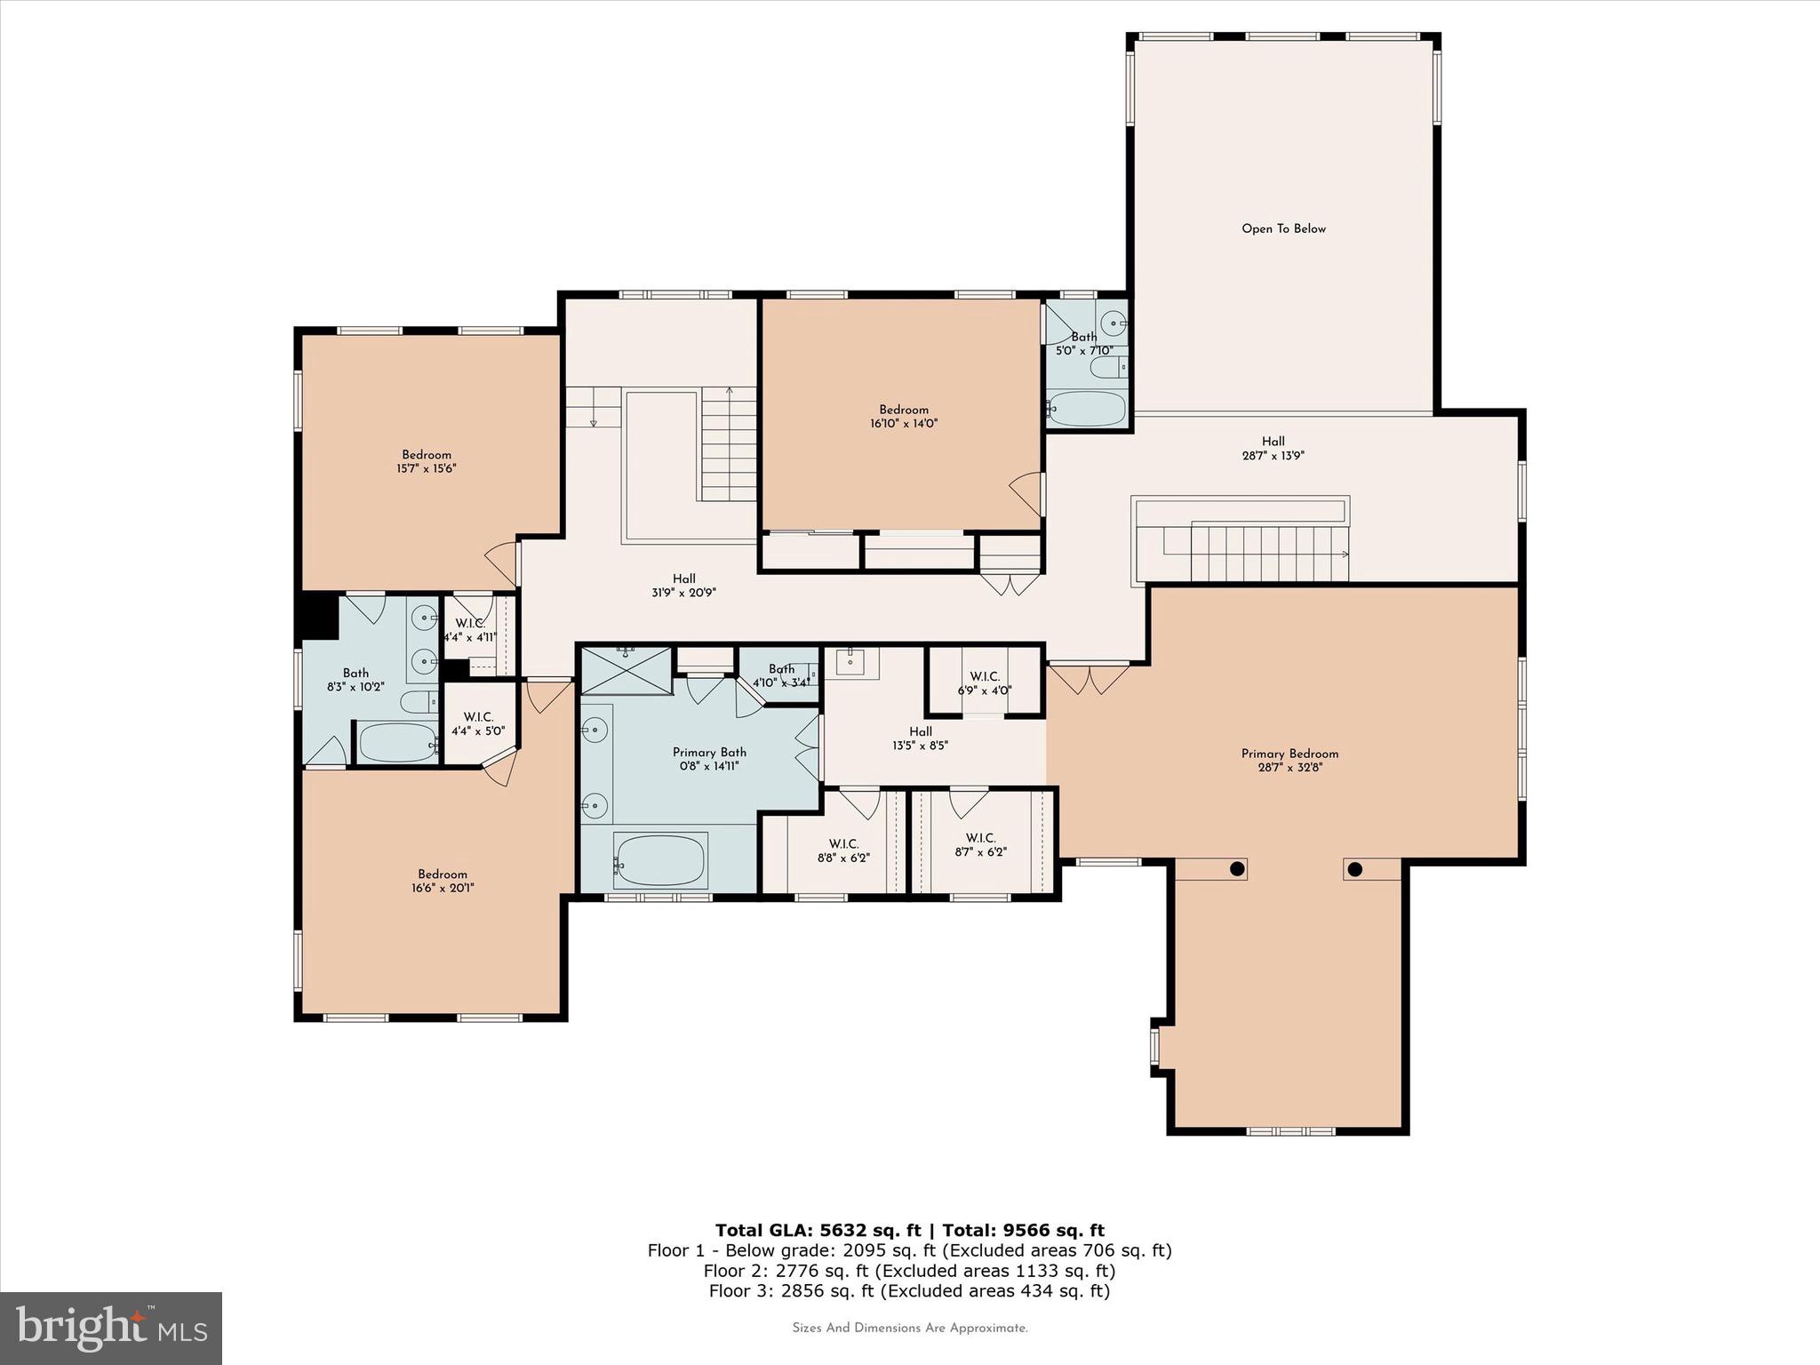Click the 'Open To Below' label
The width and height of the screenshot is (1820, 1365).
[x=1283, y=228]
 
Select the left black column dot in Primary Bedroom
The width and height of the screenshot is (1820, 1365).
[x=1236, y=869]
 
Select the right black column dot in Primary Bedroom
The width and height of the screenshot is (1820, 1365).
[x=1354, y=869]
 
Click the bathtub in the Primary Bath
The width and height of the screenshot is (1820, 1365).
[x=660, y=860]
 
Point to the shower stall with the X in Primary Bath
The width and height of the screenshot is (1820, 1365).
[x=627, y=671]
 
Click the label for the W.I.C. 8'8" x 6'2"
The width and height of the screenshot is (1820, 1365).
[x=842, y=850]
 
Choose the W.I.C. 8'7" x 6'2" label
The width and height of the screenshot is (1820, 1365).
[x=980, y=845]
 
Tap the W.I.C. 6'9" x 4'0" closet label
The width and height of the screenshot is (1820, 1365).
[x=984, y=683]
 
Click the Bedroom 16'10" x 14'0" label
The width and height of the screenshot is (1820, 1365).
[x=904, y=417]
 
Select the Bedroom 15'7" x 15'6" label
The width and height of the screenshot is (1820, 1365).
[x=427, y=461]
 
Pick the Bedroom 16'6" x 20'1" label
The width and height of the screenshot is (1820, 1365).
[x=443, y=881]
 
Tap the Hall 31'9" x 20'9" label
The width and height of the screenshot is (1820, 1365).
[x=683, y=585]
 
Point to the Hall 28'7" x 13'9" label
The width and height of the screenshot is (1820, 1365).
[x=1273, y=448]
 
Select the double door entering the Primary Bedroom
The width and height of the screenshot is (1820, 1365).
[x=1089, y=679]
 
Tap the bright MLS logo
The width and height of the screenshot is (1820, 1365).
[x=111, y=1329]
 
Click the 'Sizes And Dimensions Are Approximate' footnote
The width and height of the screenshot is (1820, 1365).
[x=909, y=1328]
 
